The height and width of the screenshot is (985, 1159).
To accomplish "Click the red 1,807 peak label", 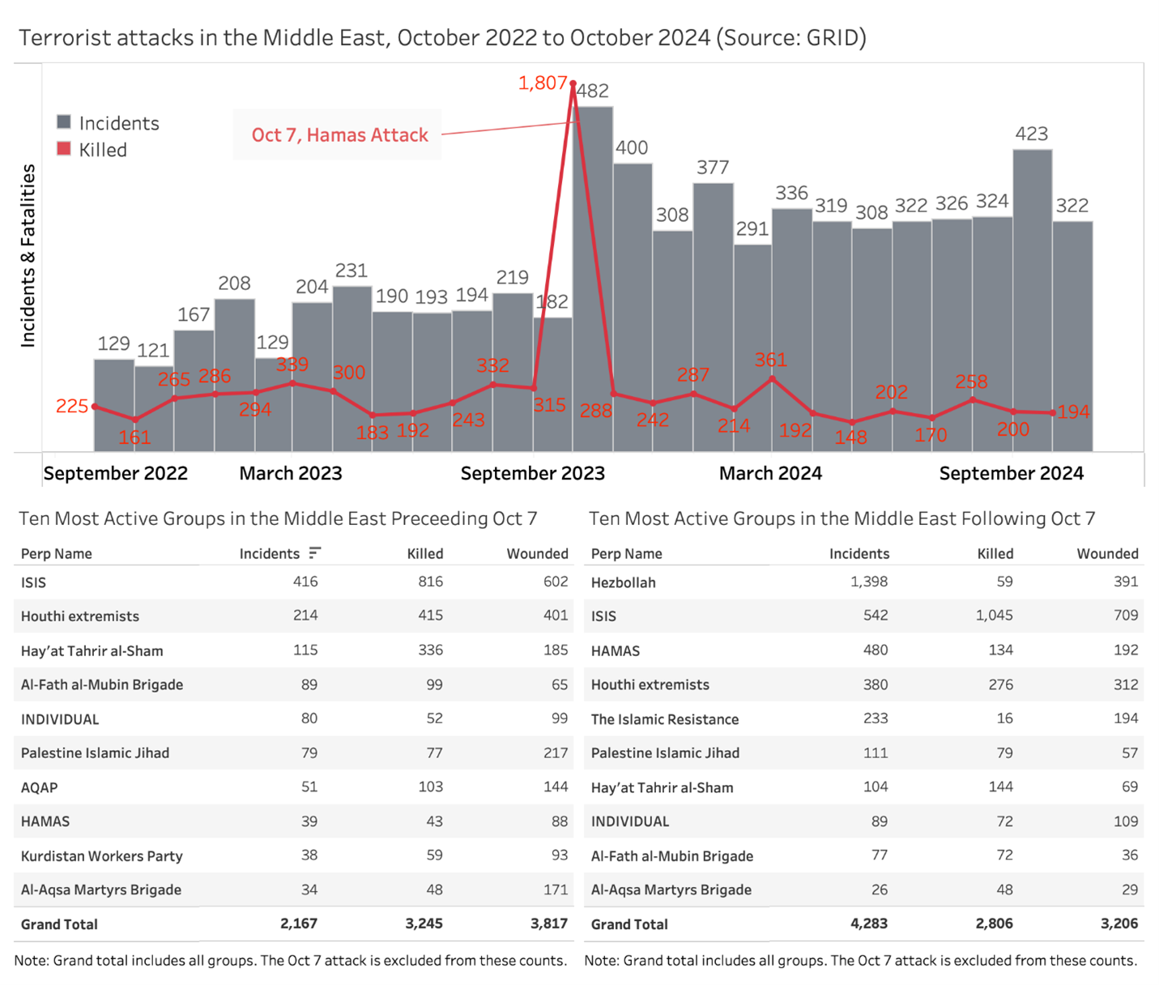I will tap(542, 83).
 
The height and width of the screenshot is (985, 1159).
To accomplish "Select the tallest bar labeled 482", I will tap(593, 275).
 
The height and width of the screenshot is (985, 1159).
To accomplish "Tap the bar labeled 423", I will tap(1032, 300).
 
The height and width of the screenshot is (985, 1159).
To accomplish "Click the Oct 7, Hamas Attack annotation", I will tap(339, 135).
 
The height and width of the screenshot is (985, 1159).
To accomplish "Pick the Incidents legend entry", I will tap(109, 123).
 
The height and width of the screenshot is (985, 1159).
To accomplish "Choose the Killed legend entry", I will tap(92, 150).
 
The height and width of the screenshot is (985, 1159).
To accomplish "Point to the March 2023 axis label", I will tap(290, 473).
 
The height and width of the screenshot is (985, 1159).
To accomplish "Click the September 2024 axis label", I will tap(1011, 473).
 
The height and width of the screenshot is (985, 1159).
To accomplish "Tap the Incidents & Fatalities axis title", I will tap(28, 256).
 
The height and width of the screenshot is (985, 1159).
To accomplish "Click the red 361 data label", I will tap(770, 360).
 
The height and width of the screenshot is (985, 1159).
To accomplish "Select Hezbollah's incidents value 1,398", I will tap(868, 582).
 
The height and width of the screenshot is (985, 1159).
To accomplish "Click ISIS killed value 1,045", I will tap(994, 616).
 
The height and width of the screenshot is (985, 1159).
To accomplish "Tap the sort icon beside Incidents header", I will tap(315, 552).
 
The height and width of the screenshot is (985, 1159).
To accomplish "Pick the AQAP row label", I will tap(39, 787).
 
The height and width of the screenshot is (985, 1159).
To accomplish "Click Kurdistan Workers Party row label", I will tap(101, 856).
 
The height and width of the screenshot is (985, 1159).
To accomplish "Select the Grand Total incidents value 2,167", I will tap(299, 923).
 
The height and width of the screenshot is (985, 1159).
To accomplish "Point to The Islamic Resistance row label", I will tap(664, 719).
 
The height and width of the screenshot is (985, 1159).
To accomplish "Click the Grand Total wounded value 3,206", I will tap(1119, 923).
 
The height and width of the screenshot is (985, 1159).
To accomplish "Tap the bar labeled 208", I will tap(234, 373).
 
